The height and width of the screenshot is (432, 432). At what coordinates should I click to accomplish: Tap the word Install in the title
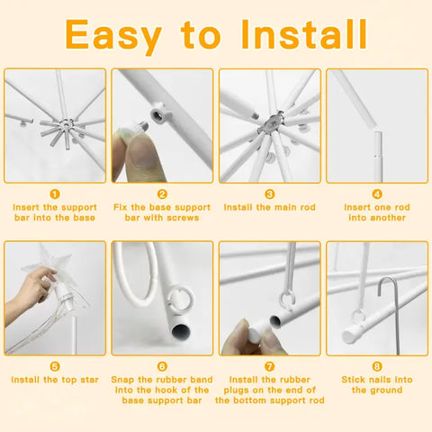point(303,34)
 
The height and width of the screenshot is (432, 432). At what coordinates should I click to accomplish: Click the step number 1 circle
point(55,194)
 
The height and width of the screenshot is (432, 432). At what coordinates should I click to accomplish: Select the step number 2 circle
point(162,194)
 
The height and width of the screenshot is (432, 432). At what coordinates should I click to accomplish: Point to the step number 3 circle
point(270,194)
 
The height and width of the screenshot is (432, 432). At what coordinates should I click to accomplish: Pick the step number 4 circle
point(377,194)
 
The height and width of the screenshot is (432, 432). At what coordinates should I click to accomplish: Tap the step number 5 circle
point(55,366)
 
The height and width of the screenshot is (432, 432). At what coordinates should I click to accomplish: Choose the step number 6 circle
point(162,366)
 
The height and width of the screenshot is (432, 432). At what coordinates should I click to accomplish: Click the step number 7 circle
point(270,366)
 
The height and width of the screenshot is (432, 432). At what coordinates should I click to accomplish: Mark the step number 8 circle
point(377,366)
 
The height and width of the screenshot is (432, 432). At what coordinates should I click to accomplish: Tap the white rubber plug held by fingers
point(257,330)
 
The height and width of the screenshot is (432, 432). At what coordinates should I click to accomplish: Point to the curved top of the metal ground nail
point(387,282)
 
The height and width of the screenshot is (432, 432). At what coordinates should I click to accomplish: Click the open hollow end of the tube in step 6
point(181,330)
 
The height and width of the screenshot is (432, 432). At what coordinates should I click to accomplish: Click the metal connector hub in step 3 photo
point(270,122)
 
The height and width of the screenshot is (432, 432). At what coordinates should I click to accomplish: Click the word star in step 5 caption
point(89,380)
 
